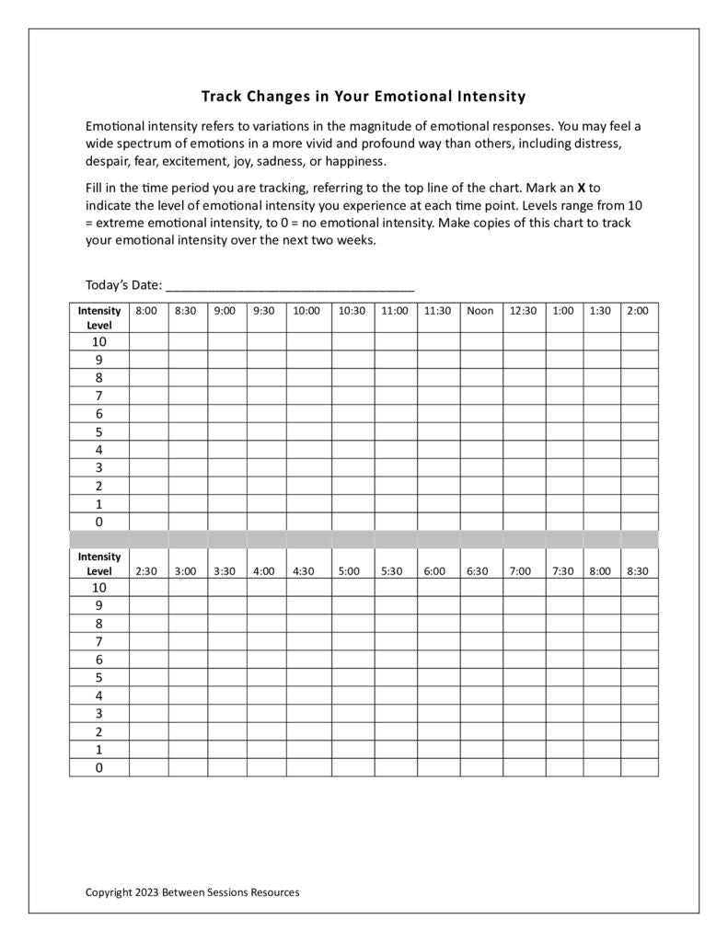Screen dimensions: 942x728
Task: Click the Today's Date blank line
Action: pyautogui.click(x=290, y=285)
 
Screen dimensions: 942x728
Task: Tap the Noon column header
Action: pyautogui.click(x=480, y=311)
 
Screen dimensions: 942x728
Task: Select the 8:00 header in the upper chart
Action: pyautogui.click(x=146, y=311)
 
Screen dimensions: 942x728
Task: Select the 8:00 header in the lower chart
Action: pyautogui.click(x=600, y=571)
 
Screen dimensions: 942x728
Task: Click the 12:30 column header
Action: pyautogui.click(x=523, y=311)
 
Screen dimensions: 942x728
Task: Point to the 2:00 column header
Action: pyautogui.click(x=638, y=311)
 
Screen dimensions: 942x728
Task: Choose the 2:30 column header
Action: pyautogui.click(x=146, y=571)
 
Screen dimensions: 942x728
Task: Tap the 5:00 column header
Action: pyautogui.click(x=349, y=571)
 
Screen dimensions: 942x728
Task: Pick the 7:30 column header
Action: pyautogui.click(x=563, y=571)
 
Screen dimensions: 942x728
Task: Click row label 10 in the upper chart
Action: pyautogui.click(x=98, y=341)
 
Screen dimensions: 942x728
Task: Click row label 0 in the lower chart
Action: pyautogui.click(x=98, y=767)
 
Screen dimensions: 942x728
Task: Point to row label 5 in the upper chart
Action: pyautogui.click(x=98, y=431)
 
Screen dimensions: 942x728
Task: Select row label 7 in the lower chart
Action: pyautogui.click(x=98, y=641)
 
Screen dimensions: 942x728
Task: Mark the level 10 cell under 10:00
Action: pyautogui.click(x=307, y=341)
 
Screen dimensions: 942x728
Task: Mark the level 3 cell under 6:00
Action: pyautogui.click(x=436, y=713)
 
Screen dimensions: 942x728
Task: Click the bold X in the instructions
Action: pyautogui.click(x=582, y=187)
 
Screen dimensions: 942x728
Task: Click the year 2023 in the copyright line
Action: pyautogui.click(x=146, y=891)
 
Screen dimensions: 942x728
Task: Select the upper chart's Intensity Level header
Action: pyautogui.click(x=98, y=317)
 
